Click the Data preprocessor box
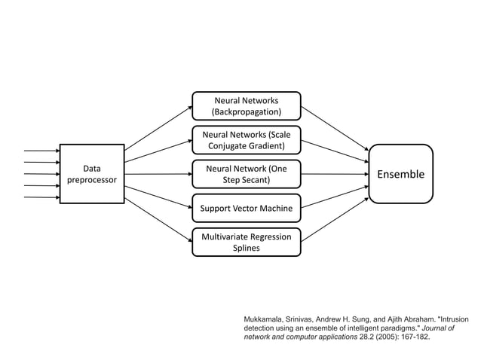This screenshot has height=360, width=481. (x=92, y=174)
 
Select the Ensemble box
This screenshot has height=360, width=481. (x=400, y=174)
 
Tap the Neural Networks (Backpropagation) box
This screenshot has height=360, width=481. (x=247, y=106)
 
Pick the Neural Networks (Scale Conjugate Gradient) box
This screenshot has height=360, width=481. (x=247, y=140)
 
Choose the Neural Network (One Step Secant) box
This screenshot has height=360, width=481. (x=247, y=174)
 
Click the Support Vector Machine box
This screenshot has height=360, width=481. (x=247, y=208)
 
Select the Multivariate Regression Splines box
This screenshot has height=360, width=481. (x=247, y=242)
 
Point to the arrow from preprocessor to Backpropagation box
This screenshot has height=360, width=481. (x=158, y=127)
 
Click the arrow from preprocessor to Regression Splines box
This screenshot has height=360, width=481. (x=158, y=221)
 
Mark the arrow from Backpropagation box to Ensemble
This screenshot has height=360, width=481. (x=335, y=127)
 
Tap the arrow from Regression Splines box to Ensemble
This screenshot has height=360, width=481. (x=335, y=221)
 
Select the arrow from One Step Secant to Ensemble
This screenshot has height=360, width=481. (x=335, y=174)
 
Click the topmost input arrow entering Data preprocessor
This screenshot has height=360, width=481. (x=41, y=151)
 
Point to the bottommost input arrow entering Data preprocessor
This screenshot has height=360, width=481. (x=41, y=197)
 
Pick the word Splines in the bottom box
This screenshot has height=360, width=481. (x=247, y=249)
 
